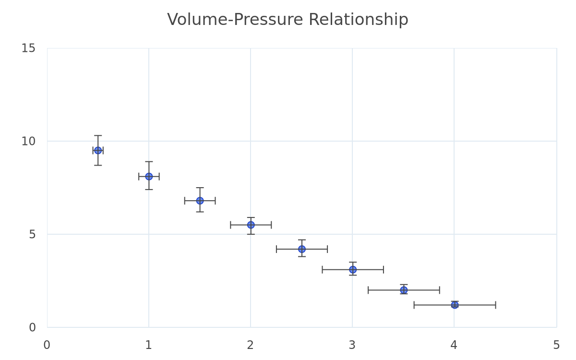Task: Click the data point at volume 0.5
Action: pyautogui.click(x=98, y=150)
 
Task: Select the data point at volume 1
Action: pyautogui.click(x=149, y=177)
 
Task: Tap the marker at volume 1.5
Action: pyautogui.click(x=200, y=201)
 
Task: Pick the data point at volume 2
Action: pyautogui.click(x=251, y=225)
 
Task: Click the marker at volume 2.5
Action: pyautogui.click(x=302, y=249)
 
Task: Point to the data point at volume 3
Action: pyautogui.click(x=353, y=269)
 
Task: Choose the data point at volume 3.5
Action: pyautogui.click(x=404, y=290)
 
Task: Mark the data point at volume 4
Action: pyautogui.click(x=455, y=305)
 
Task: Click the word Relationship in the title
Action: pyautogui.click(x=358, y=20)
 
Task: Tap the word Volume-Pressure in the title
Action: pyautogui.click(x=235, y=19)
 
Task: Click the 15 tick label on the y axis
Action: pyautogui.click(x=28, y=48)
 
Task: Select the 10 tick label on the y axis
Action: pyautogui.click(x=28, y=141)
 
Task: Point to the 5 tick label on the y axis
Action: pyautogui.click(x=32, y=234)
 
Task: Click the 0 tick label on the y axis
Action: pyautogui.click(x=32, y=327)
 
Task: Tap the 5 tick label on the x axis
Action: pyautogui.click(x=556, y=345)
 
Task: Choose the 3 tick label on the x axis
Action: pyautogui.click(x=352, y=345)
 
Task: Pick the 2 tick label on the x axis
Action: pyautogui.click(x=250, y=345)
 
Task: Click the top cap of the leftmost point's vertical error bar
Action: pyautogui.click(x=98, y=135)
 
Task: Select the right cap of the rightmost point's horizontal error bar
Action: pyautogui.click(x=495, y=305)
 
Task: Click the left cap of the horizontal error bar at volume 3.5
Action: pyautogui.click(x=368, y=290)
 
